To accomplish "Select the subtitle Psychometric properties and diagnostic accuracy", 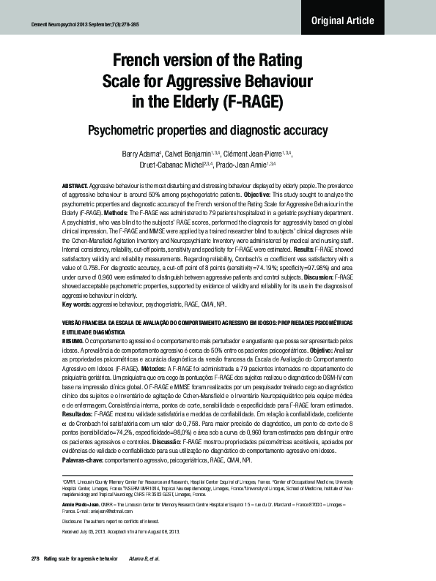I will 218,131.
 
